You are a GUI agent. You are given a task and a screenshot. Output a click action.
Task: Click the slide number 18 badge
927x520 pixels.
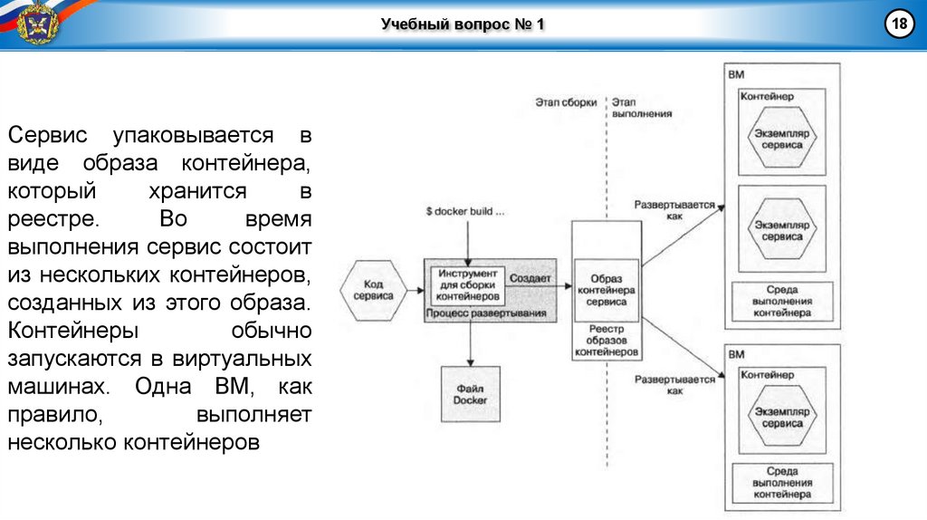point(901,24)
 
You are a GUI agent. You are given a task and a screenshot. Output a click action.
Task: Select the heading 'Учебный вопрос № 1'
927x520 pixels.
point(463,24)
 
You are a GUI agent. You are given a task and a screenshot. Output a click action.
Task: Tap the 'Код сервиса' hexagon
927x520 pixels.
point(373,290)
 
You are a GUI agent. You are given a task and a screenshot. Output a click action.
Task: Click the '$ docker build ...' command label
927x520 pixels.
point(465,212)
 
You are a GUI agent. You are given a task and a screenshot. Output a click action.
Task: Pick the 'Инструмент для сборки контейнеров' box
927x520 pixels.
point(466,284)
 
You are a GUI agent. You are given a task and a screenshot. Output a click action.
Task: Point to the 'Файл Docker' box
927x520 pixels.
point(470,393)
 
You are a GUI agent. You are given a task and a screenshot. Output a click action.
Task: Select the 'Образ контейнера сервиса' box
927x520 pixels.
point(606,290)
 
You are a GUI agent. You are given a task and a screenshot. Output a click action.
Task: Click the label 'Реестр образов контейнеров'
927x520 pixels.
point(607,340)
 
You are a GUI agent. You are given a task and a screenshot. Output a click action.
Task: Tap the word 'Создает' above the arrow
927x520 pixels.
point(530,279)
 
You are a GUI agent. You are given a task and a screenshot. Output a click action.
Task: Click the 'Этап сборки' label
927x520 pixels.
point(566,102)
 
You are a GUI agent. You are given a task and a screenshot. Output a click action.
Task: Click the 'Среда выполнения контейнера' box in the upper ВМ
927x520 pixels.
point(782,301)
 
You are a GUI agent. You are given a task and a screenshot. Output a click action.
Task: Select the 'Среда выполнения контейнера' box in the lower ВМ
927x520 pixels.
point(782,483)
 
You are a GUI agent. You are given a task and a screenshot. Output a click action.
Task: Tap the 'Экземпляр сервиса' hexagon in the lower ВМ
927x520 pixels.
point(781,417)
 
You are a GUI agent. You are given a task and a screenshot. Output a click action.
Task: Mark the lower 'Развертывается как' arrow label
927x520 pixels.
point(674,384)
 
